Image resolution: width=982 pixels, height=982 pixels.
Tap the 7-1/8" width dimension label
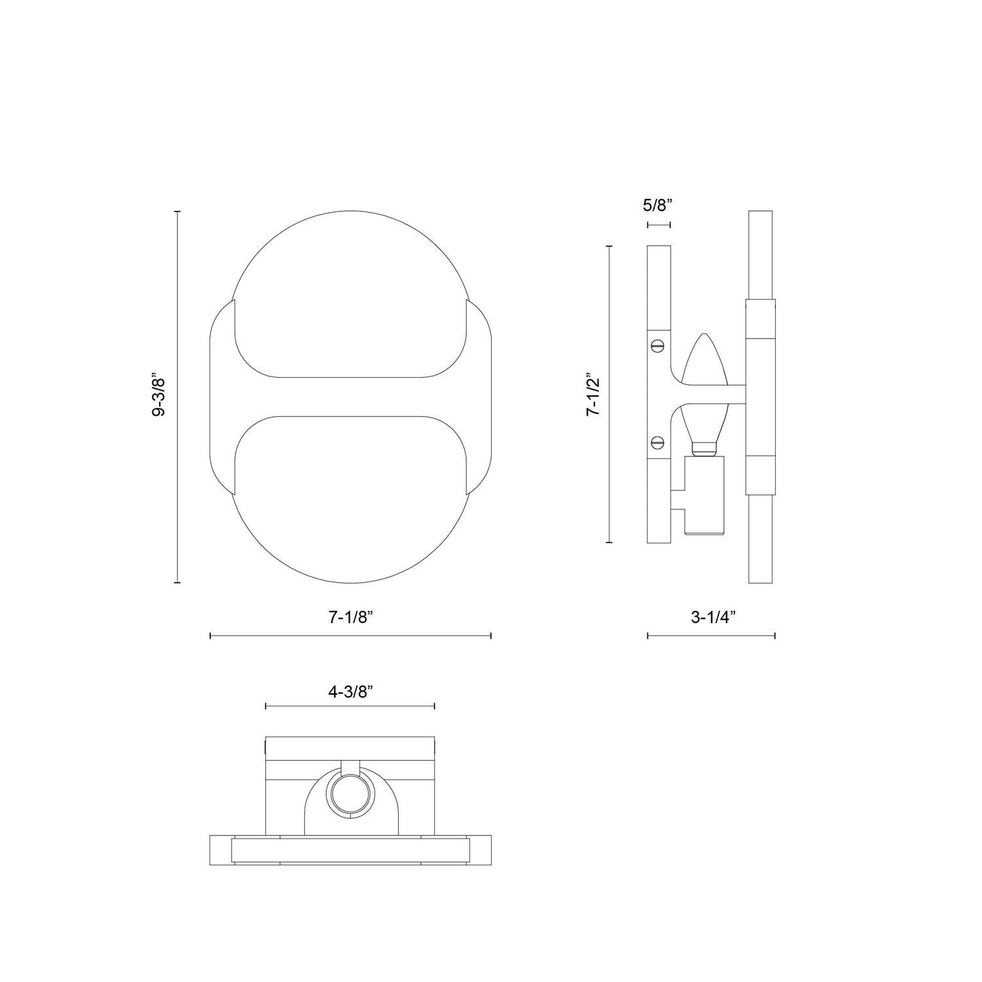pos(351,616)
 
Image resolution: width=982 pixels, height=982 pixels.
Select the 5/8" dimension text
pos(658,206)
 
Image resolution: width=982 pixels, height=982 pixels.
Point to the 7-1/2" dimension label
pos(593,395)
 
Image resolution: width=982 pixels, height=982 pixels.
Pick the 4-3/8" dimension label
pos(351,692)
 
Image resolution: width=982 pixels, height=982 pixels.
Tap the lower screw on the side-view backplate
pos(659,442)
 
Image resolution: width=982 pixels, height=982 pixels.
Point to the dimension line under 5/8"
pos(659,225)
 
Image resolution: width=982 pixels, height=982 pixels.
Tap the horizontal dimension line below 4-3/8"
pos(350,706)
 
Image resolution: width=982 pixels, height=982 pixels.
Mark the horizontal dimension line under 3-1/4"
pos(712,635)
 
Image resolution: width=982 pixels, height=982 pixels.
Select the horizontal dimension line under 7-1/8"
pos(350,635)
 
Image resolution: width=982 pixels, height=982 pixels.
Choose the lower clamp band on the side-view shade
pos(760,475)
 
